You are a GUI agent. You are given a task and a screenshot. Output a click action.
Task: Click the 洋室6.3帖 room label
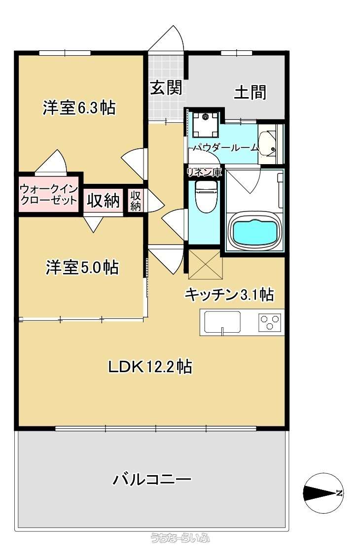coord(79,107)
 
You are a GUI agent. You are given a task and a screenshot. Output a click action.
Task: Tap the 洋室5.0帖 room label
coord(82,267)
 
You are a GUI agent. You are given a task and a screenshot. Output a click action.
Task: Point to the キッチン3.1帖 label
coord(229,294)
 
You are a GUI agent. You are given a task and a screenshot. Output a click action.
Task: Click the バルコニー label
coord(152,480)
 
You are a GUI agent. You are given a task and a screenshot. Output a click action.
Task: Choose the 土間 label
coord(250,92)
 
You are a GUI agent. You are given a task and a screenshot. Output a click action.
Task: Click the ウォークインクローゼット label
coord(48,194)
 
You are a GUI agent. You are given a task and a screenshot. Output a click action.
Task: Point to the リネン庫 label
coord(205,173)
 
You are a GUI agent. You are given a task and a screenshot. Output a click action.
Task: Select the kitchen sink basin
coord(222,322)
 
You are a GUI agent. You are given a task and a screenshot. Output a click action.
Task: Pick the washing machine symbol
coord(206,124)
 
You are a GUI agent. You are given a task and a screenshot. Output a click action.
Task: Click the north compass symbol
coord(323,493)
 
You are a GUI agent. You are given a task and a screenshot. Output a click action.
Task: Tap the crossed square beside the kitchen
coord(205,264)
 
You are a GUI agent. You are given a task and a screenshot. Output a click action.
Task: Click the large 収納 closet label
coord(104,201)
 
